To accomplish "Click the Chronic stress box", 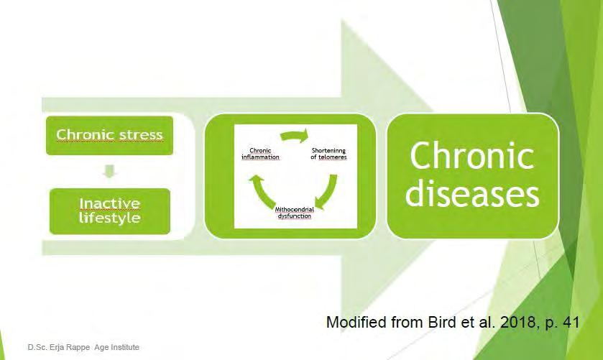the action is pyautogui.click(x=109, y=135).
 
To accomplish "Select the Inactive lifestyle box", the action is pyautogui.click(x=110, y=211).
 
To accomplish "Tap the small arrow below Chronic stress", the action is pyautogui.click(x=109, y=171).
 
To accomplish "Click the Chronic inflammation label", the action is pyautogui.click(x=260, y=154).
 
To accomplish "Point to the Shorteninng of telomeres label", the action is pyautogui.click(x=328, y=154).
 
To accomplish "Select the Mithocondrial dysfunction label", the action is pyautogui.click(x=295, y=213).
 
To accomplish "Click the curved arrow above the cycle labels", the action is pyautogui.click(x=295, y=136).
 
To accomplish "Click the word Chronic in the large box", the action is pyautogui.click(x=472, y=156).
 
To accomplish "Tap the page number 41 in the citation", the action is pyautogui.click(x=571, y=322).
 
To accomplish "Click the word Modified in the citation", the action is pyautogui.click(x=357, y=322).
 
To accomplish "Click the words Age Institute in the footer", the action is pyautogui.click(x=117, y=347).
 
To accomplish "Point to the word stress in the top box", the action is pyautogui.click(x=141, y=135).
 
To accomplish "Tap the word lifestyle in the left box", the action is pyautogui.click(x=109, y=218).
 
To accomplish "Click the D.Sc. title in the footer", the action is pyautogui.click(x=37, y=347).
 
